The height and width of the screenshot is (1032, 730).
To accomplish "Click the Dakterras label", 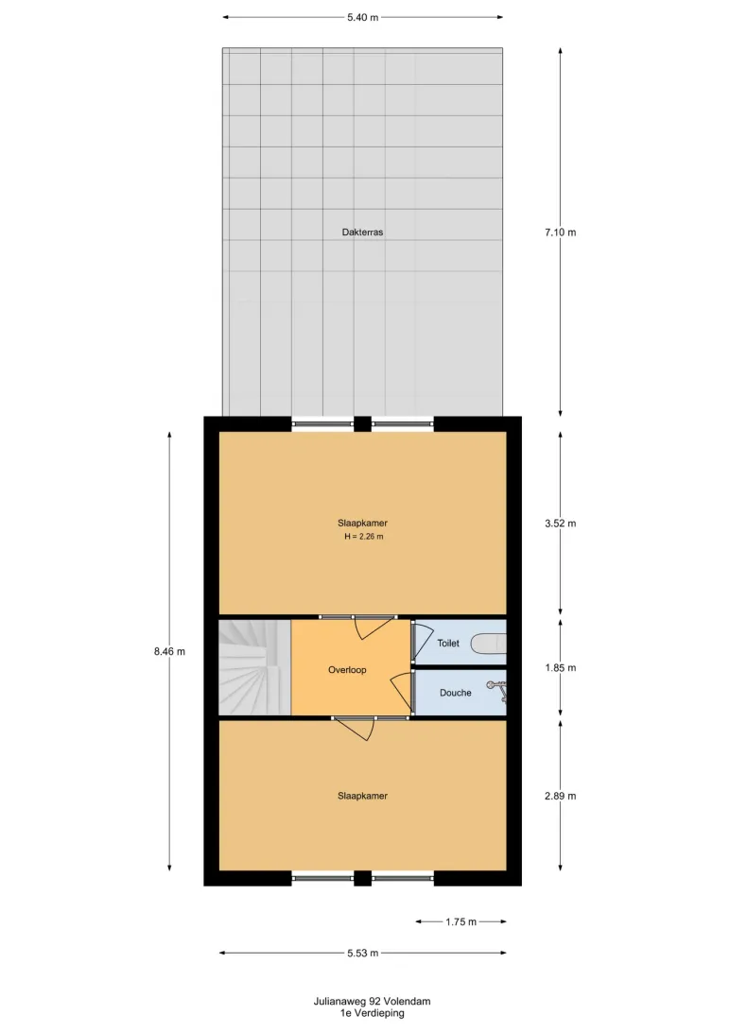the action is (x=362, y=232).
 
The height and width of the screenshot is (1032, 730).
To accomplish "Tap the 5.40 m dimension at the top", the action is (x=363, y=18).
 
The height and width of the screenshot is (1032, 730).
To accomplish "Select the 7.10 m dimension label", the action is (x=560, y=232).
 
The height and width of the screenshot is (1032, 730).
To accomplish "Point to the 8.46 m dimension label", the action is (x=169, y=651).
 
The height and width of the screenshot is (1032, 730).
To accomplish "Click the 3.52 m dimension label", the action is (x=560, y=524).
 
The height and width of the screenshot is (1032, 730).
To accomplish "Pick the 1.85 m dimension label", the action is (x=560, y=668).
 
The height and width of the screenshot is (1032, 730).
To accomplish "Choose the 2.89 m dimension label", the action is (x=560, y=797).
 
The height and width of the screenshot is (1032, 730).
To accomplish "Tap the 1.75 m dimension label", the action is (x=461, y=922).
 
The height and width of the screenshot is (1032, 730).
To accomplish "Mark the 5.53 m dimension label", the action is (x=363, y=953).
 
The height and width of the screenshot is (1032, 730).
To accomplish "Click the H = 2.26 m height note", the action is (x=363, y=537).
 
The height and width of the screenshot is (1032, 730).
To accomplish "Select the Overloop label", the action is (x=347, y=670).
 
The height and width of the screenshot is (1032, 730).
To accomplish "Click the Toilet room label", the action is (x=448, y=643).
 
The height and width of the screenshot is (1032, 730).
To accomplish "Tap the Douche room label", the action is (x=456, y=693).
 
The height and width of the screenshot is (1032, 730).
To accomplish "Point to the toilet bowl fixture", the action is (x=489, y=643).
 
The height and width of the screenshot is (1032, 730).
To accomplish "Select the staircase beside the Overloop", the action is (x=254, y=667).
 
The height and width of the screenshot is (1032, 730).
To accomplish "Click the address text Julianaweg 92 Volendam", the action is (x=372, y=1001).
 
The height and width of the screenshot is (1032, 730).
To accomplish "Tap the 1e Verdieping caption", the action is (x=372, y=1013).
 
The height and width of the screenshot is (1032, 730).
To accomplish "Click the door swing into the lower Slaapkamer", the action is (x=356, y=730).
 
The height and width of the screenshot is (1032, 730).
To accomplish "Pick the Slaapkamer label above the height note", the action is (x=363, y=524).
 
